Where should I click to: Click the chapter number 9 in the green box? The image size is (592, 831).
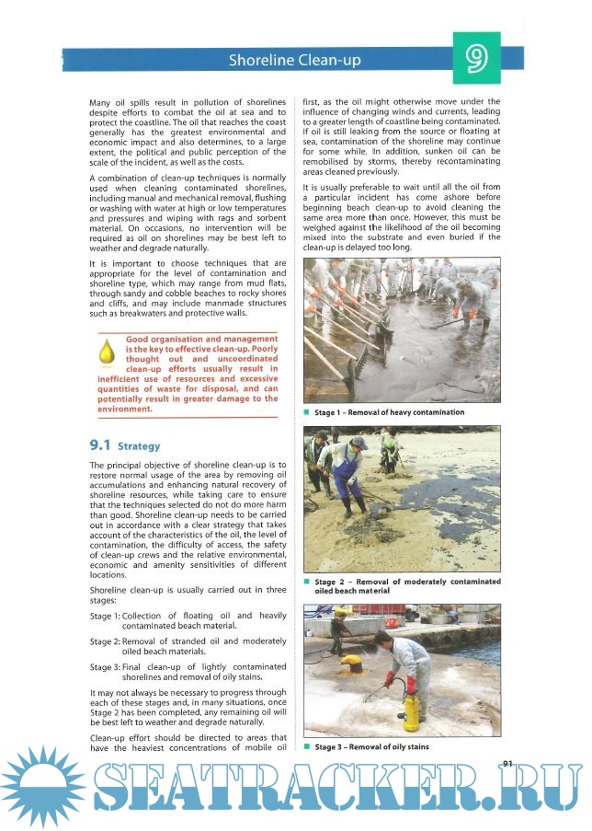point(476,58)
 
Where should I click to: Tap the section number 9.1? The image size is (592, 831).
point(100,445)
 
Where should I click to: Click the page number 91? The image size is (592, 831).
point(510,761)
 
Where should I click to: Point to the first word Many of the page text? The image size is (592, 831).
point(103,102)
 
